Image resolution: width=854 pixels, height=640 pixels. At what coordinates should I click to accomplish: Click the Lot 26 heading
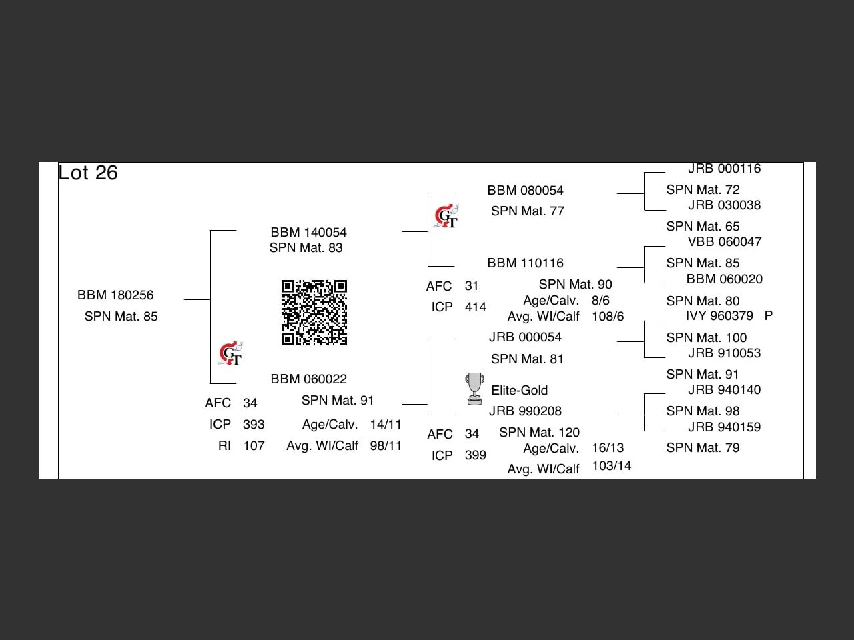[x=88, y=173]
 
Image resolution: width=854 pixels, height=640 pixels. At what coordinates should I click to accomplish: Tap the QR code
[x=314, y=313]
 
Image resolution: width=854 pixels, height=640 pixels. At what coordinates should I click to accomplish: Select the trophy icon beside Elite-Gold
[x=474, y=389]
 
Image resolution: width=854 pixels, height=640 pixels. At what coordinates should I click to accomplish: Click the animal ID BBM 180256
[x=115, y=295]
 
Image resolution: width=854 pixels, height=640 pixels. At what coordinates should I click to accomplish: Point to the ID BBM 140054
[x=308, y=232]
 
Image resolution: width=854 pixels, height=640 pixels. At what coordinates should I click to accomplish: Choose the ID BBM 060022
[x=308, y=379]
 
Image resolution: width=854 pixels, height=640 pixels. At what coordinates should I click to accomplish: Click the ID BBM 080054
[x=525, y=190]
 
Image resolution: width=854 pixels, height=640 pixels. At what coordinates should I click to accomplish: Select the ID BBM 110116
[x=525, y=263]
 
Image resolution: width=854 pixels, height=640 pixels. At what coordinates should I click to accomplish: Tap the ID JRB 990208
[x=525, y=411]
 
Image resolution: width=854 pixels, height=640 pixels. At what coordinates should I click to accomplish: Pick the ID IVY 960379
[x=719, y=315]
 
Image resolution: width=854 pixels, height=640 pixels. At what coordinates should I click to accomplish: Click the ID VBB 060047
[x=725, y=241]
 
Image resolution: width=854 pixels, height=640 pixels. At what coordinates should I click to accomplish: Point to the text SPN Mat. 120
[x=539, y=432]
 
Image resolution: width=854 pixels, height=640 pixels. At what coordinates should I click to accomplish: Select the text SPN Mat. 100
[x=706, y=337]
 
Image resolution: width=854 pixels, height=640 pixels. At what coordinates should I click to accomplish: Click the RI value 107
[x=254, y=445]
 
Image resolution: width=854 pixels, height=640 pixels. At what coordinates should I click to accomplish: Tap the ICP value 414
[x=476, y=307]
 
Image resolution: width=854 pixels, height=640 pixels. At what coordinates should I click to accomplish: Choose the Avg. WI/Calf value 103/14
[x=611, y=465]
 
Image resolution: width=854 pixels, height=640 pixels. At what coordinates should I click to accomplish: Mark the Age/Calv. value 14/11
[x=386, y=424]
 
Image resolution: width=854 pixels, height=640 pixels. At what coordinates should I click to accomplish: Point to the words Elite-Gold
[x=519, y=390]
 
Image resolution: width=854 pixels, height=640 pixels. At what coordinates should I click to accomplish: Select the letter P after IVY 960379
[x=769, y=315]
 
